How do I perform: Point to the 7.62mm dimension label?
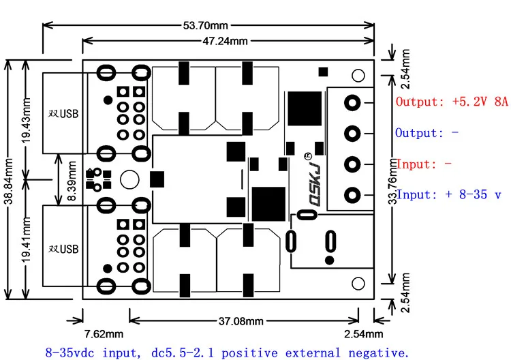(104, 334)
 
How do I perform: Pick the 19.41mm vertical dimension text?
(25, 242)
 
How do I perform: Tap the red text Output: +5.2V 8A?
(452, 102)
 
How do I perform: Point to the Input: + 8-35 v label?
(449, 195)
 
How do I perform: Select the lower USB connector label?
(63, 248)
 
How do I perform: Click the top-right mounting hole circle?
(358, 75)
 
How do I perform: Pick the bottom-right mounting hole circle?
(358, 283)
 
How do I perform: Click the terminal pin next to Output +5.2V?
(352, 103)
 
